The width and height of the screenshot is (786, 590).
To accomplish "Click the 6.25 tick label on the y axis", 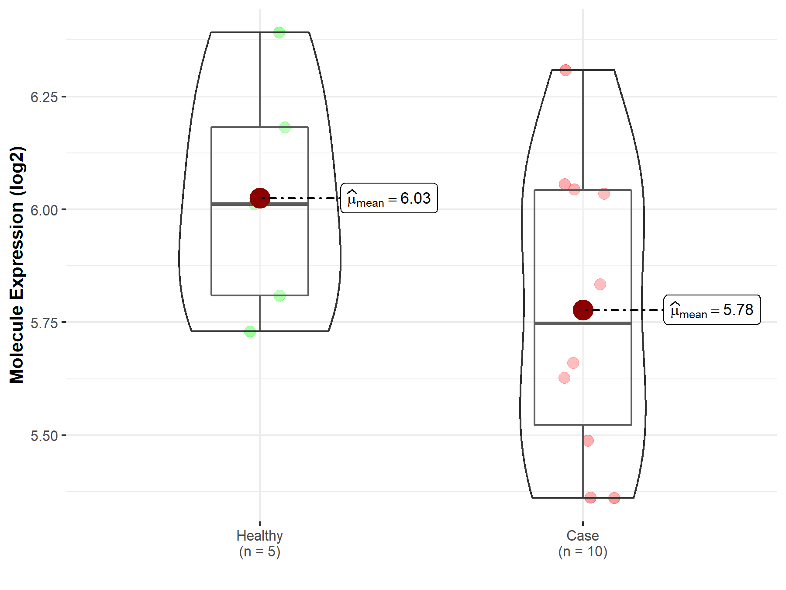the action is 44,97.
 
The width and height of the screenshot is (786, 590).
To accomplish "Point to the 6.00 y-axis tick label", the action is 44,210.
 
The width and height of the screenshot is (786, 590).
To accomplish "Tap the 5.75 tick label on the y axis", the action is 44,323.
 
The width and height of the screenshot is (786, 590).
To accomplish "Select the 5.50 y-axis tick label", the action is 44,436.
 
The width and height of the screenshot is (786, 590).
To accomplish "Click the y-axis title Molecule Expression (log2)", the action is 17,265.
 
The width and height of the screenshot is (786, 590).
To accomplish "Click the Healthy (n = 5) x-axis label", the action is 260,543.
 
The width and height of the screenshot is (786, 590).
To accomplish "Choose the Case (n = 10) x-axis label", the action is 583,543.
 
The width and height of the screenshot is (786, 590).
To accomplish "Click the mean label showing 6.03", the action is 389,198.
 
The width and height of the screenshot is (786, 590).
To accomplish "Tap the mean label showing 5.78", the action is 712,310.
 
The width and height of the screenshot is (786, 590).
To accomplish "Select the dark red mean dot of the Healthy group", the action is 260,198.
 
